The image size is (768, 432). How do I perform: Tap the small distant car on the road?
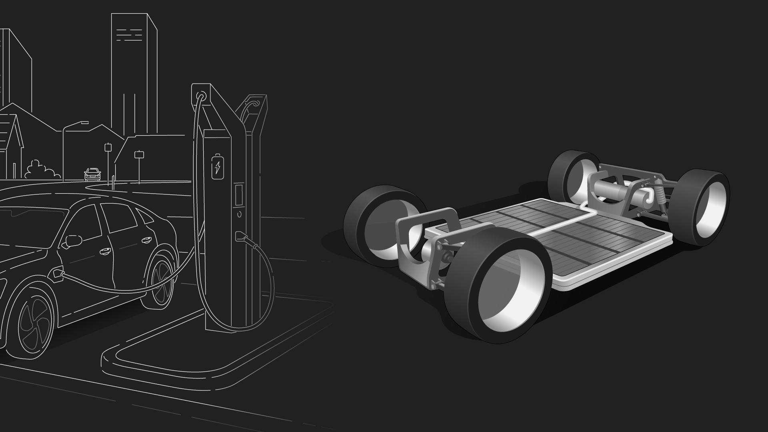click(92, 174)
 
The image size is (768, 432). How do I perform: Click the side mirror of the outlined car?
click(73, 241)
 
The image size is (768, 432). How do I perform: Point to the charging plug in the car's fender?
click(57, 274)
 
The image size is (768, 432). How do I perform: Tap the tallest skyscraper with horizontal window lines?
click(134, 72)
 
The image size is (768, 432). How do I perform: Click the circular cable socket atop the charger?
click(201, 96)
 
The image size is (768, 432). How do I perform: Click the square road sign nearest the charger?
click(139, 155)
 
